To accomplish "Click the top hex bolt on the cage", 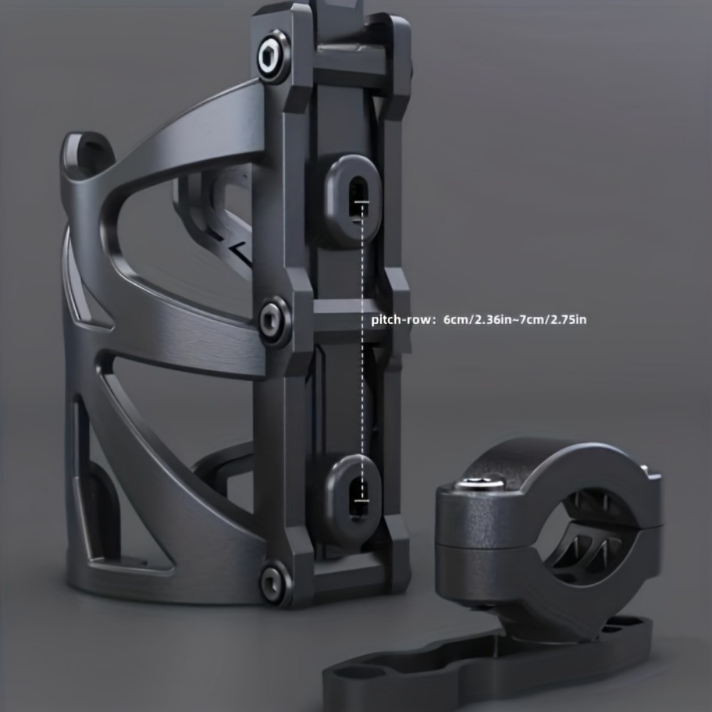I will coord(273,58).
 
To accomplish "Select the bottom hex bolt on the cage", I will coord(274,580).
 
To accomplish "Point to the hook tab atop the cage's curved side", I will coord(86,150).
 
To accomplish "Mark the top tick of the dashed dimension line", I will coord(362,204).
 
